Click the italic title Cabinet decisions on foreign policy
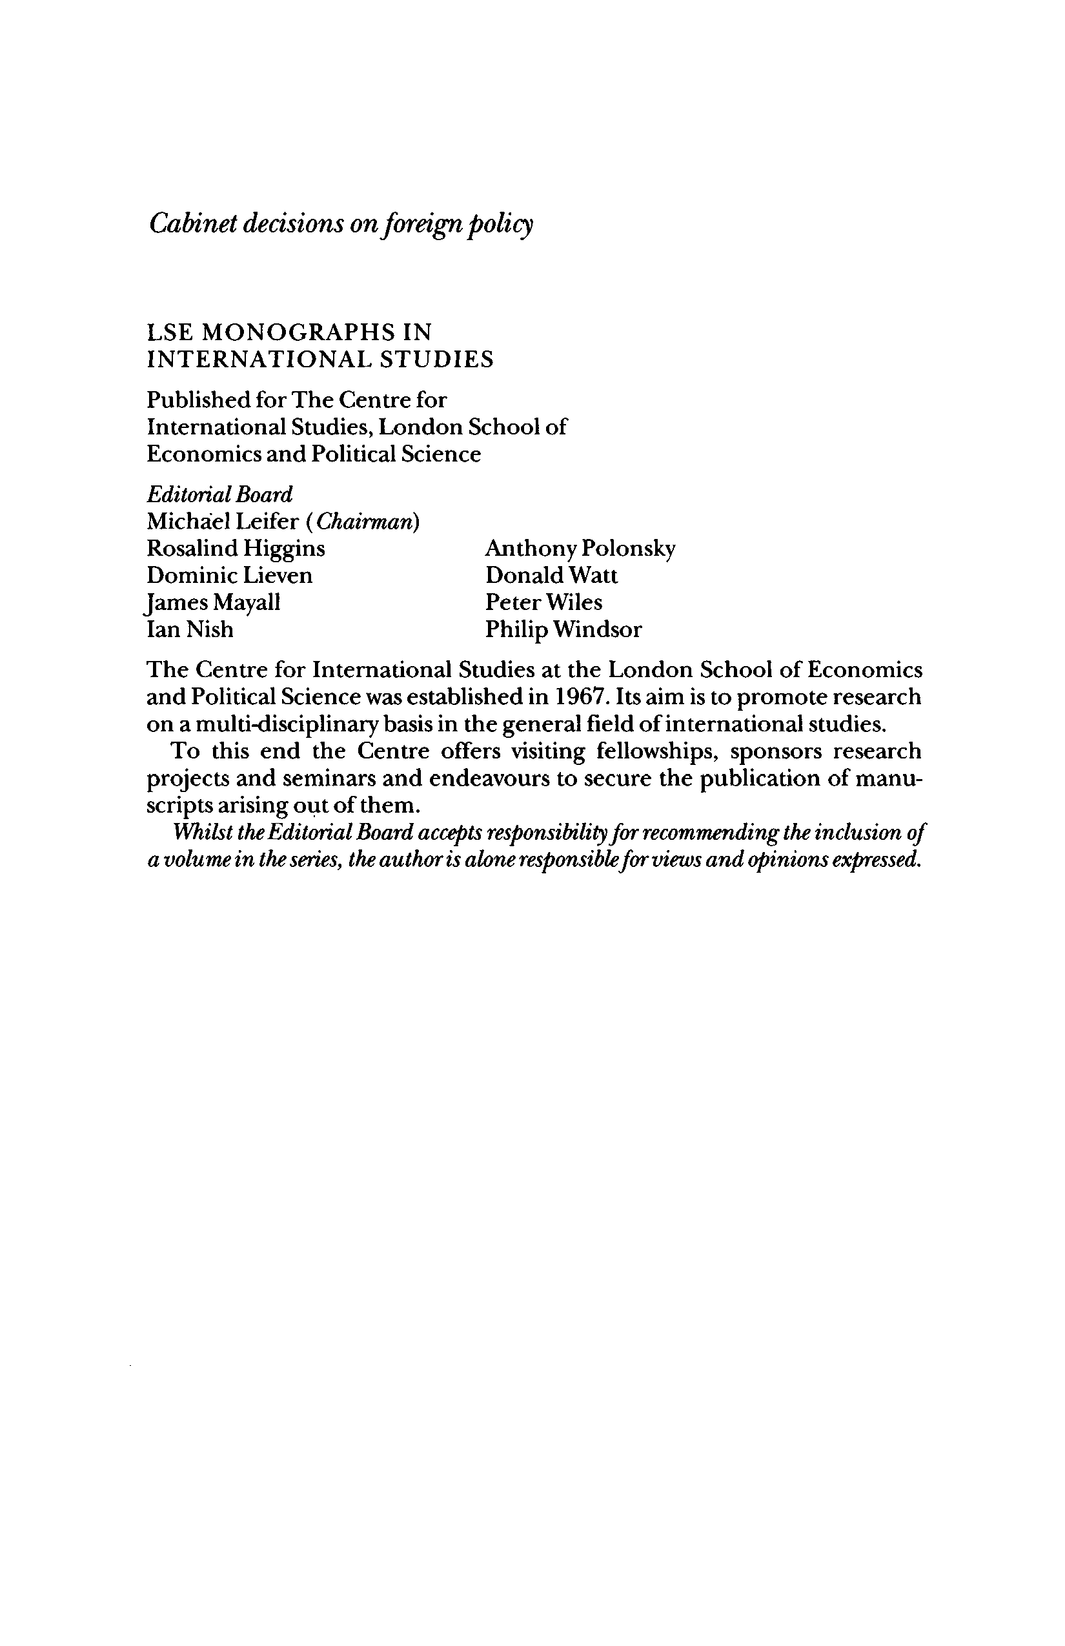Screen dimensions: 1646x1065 [x=341, y=224]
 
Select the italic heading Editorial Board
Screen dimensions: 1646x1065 [x=220, y=494]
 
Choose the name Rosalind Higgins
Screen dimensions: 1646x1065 [x=236, y=549]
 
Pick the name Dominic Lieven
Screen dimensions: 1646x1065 [x=230, y=575]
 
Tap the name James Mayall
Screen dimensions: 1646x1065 [x=214, y=602]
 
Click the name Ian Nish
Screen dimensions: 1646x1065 [x=190, y=629]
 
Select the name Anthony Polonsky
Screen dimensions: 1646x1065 [x=580, y=549]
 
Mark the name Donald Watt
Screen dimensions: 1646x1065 [x=551, y=575]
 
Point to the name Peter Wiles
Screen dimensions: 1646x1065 [x=543, y=602]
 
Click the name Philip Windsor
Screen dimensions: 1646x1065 [x=563, y=629]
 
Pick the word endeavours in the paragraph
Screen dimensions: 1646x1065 [x=490, y=778]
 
